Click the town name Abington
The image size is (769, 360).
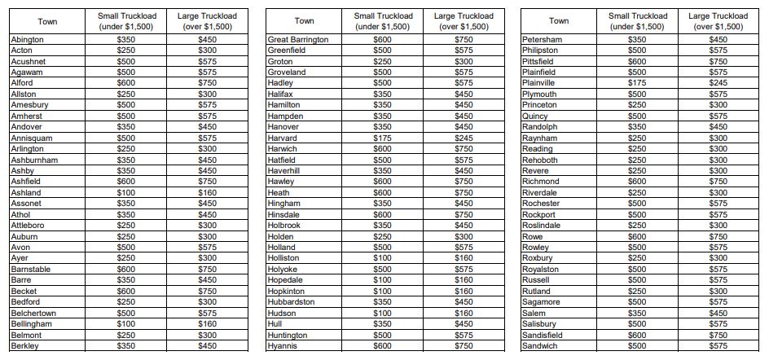[28, 40]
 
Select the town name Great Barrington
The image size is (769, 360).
[298, 40]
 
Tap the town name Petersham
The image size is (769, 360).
[542, 40]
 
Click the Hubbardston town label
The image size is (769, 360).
[292, 302]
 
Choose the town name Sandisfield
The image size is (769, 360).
[542, 336]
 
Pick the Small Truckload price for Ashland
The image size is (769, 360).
[125, 193]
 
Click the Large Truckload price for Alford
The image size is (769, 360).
[208, 83]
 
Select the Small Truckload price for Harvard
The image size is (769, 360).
[382, 138]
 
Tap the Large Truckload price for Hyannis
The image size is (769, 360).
[464, 346]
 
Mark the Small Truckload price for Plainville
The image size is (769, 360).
[637, 83]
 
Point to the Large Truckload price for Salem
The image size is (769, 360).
[718, 314]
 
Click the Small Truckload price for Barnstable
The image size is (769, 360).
[125, 270]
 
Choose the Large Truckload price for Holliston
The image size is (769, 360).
[464, 258]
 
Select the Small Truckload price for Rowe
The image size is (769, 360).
[637, 237]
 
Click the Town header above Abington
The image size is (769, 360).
[47, 21]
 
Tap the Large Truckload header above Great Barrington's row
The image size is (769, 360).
[464, 21]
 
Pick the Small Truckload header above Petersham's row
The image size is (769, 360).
[637, 21]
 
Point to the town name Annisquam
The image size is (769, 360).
[30, 138]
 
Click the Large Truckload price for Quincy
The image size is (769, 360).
[718, 116]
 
